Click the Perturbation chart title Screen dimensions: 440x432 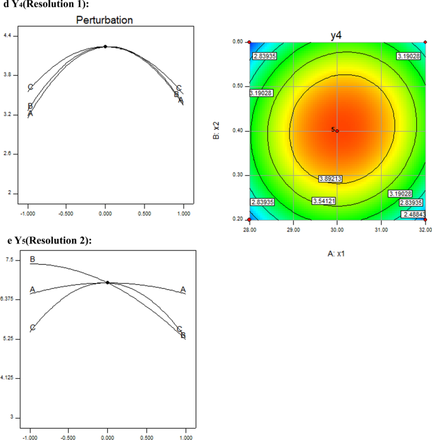(105, 20)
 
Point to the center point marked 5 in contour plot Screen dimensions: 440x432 (336, 130)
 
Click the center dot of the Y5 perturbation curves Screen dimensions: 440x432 (107, 282)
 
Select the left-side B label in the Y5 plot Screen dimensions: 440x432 (33, 259)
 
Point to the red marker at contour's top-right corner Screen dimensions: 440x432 (425, 42)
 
